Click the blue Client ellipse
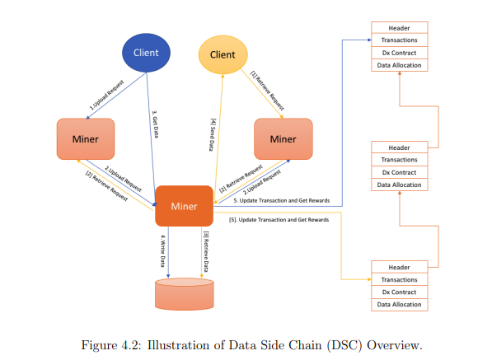click(x=146, y=53)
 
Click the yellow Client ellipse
click(x=223, y=54)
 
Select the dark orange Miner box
click(x=184, y=206)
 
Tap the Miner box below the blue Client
click(x=86, y=139)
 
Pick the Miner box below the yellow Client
click(x=283, y=139)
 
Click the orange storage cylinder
click(x=185, y=294)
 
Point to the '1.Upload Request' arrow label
click(x=106, y=95)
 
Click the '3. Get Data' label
click(x=155, y=124)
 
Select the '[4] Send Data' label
click(x=213, y=134)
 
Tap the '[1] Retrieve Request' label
click(x=267, y=91)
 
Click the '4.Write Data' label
click(x=163, y=251)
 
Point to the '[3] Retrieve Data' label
click(x=206, y=251)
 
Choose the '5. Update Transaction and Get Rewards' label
click(x=282, y=200)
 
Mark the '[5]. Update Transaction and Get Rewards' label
click(x=279, y=219)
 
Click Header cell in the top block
click(x=400, y=28)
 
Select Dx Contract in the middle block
click(x=400, y=172)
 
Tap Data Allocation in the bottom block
click(x=400, y=304)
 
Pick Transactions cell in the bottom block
click(x=400, y=279)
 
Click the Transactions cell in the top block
click(x=400, y=40)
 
